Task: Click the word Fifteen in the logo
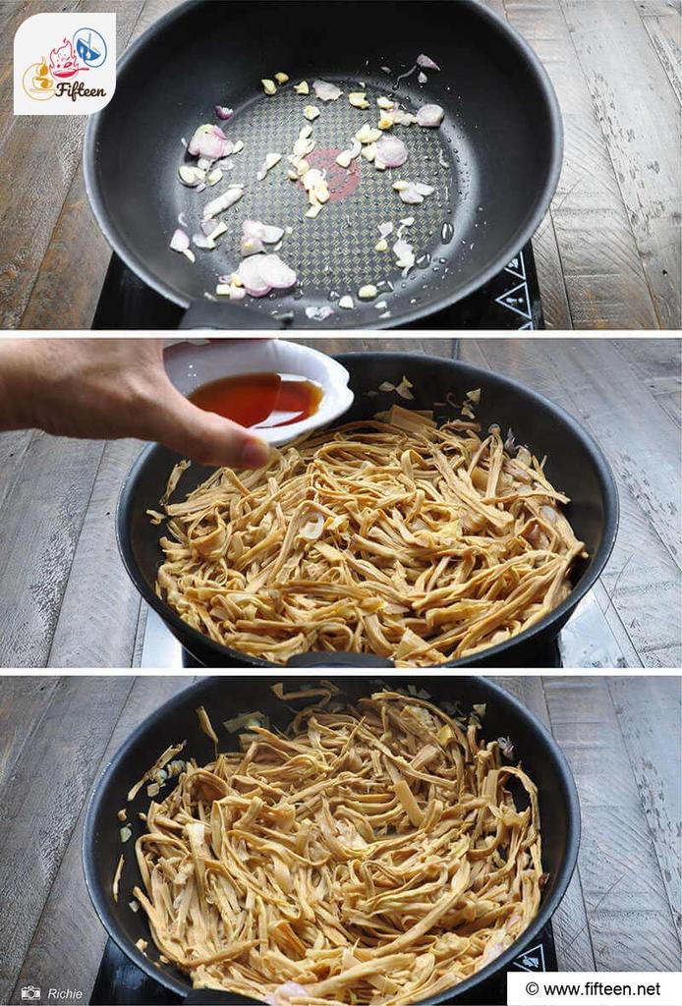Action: [x=81, y=91]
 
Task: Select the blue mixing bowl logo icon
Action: [x=90, y=47]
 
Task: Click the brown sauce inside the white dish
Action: [x=256, y=399]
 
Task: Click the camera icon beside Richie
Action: [x=30, y=992]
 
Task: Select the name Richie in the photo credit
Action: [x=65, y=994]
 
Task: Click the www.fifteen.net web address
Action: [x=601, y=988]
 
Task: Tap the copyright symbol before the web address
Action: [x=532, y=989]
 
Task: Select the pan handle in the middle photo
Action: [x=340, y=660]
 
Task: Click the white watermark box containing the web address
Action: [x=595, y=988]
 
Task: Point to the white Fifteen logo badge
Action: [x=65, y=64]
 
